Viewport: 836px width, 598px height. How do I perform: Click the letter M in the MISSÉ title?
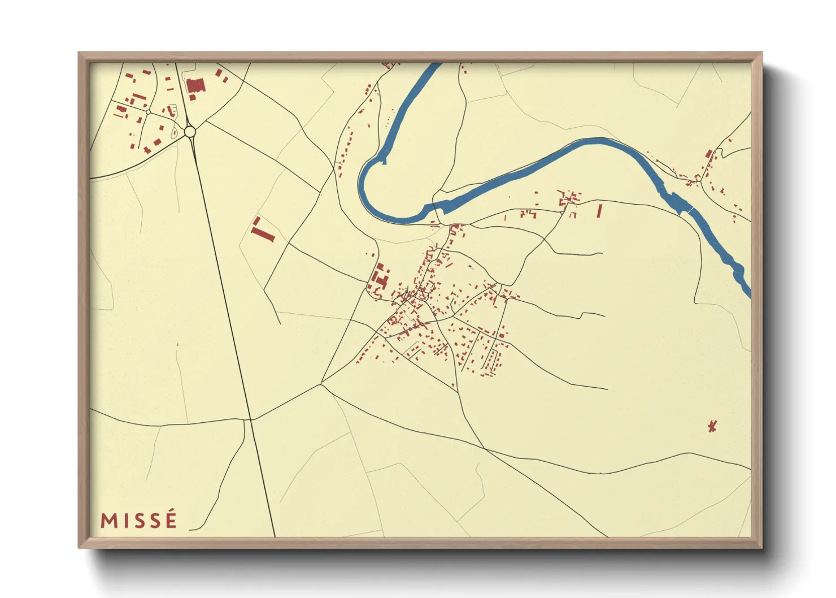(x=109, y=521)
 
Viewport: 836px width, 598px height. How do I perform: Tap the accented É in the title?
(x=170, y=519)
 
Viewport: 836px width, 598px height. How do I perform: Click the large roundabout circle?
(x=190, y=132)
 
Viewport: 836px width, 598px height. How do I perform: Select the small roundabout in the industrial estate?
(x=148, y=112)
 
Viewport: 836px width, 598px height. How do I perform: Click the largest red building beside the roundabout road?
(x=195, y=85)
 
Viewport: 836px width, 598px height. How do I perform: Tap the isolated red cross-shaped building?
(x=712, y=426)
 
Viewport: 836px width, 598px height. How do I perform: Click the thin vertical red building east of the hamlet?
(x=599, y=211)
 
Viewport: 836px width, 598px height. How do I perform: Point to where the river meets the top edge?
(x=435, y=64)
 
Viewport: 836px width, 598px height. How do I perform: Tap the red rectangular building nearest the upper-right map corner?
(x=708, y=153)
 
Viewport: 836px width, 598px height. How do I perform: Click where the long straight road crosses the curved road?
(x=249, y=419)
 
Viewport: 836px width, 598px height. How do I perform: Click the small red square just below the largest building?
(x=193, y=98)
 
